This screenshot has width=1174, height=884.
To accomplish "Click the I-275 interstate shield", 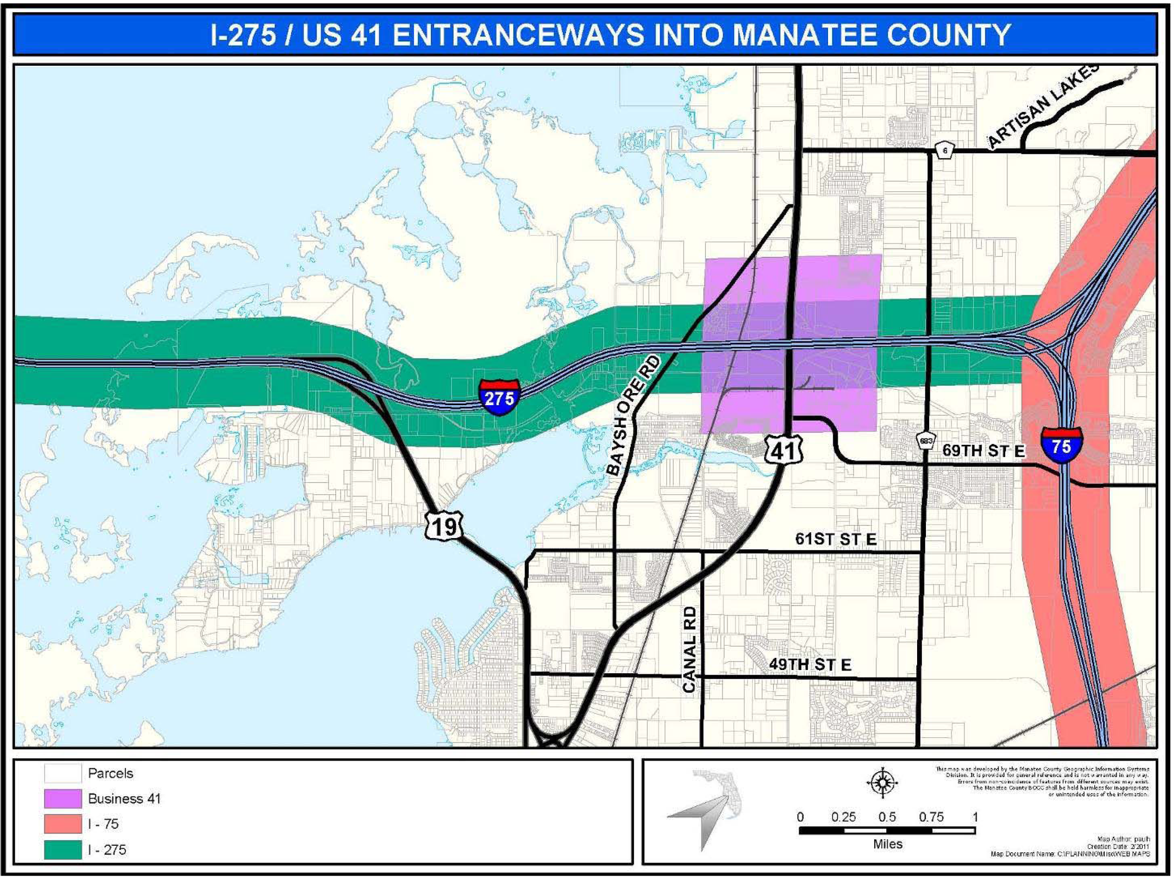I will click(499, 397).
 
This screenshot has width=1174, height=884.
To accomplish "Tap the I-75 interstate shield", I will click(1062, 445).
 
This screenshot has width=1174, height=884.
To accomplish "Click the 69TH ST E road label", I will click(983, 450).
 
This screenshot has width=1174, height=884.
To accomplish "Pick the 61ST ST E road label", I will click(836, 539).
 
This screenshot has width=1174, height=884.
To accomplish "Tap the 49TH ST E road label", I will click(810, 664).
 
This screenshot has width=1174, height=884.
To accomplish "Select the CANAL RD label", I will click(689, 649).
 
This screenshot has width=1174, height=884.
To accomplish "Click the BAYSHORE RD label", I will click(634, 415).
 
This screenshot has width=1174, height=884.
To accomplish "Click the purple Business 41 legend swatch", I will click(62, 799).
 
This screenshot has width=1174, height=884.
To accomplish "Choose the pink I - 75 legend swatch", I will click(62, 824).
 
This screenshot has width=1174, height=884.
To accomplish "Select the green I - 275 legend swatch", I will click(62, 849).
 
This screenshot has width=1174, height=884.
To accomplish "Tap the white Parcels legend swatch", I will click(62, 773).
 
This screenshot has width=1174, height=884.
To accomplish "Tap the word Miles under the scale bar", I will click(887, 844).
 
